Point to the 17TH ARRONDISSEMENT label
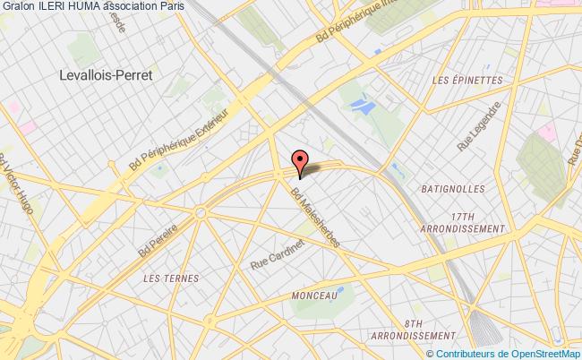point(463,222)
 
